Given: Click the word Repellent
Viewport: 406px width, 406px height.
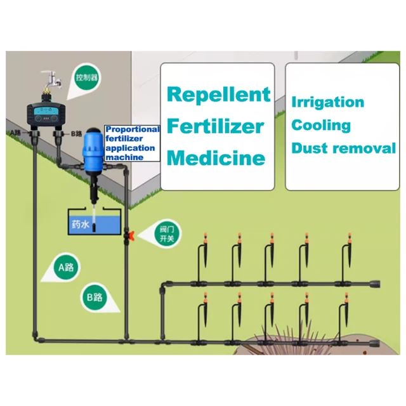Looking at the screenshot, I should [x=218, y=95].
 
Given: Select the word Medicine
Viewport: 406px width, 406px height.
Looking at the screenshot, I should [x=216, y=157].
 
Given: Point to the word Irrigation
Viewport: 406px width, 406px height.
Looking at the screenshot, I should [x=327, y=102].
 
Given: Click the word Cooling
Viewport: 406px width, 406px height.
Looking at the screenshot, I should [x=321, y=125].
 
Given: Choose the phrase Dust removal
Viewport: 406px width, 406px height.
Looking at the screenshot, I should [x=343, y=148].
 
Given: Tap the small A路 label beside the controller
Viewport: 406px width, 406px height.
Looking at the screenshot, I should [x=17, y=133].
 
